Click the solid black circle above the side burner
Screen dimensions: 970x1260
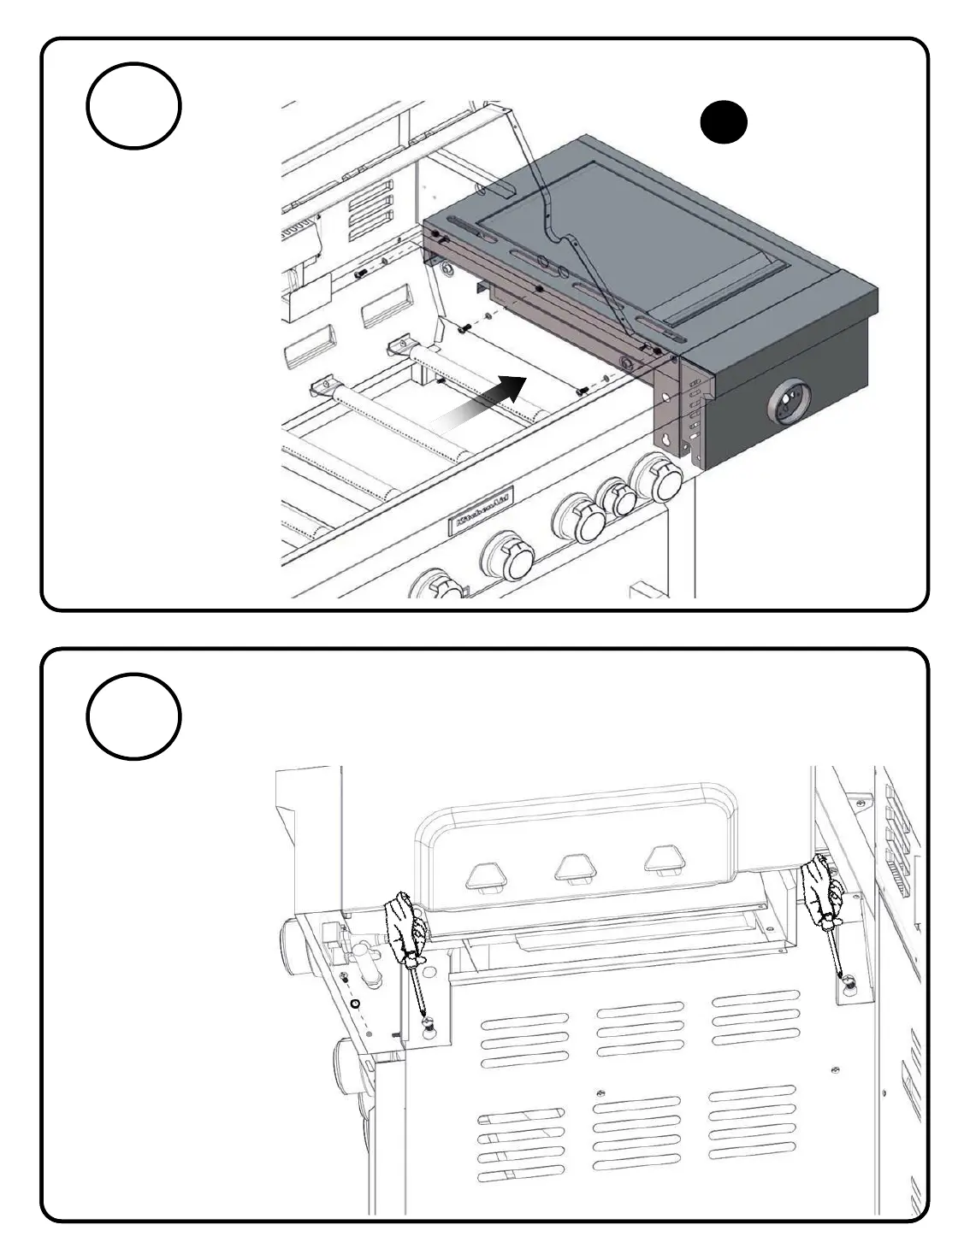[724, 122]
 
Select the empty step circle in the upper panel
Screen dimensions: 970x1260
[133, 107]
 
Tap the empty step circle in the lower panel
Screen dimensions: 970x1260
[133, 716]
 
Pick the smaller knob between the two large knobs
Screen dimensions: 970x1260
[618, 497]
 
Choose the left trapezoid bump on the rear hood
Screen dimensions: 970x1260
[485, 876]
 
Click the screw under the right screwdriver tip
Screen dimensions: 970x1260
[849, 983]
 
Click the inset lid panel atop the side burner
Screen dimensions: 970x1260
[633, 248]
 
